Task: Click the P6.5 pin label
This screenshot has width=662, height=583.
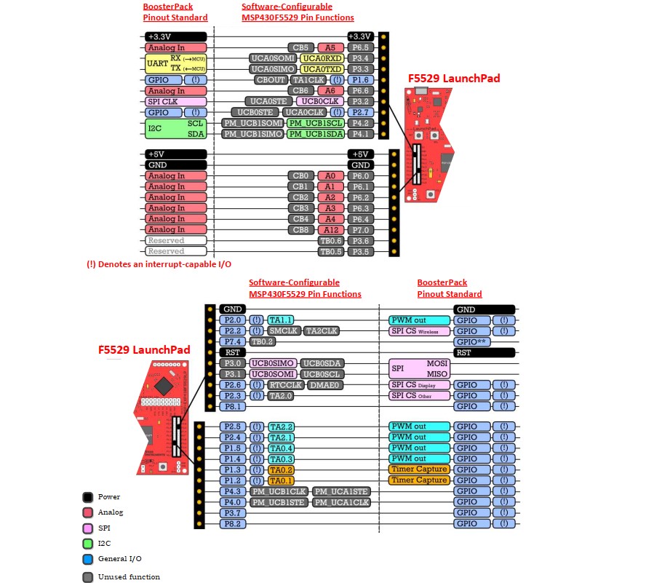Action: (x=361, y=47)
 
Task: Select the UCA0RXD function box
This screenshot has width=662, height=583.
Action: (x=322, y=58)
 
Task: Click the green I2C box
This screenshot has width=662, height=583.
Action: (x=175, y=129)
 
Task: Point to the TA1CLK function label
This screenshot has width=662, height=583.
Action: (x=310, y=80)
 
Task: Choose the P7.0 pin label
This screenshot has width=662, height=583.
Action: (x=361, y=230)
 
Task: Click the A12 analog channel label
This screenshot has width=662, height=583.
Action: (x=330, y=230)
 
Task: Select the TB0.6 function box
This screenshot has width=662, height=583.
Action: (x=330, y=241)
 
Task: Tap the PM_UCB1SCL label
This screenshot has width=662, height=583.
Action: (x=316, y=123)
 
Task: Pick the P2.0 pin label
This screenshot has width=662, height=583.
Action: (x=233, y=320)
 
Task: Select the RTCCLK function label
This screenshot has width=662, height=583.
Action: (x=284, y=385)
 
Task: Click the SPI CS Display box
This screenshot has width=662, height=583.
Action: (x=419, y=385)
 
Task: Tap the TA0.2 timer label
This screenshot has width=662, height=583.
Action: (x=281, y=469)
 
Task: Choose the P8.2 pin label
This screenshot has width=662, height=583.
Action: (x=233, y=523)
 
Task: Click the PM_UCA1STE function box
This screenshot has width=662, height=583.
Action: (x=342, y=491)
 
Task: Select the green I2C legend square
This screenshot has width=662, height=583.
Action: (x=87, y=543)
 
